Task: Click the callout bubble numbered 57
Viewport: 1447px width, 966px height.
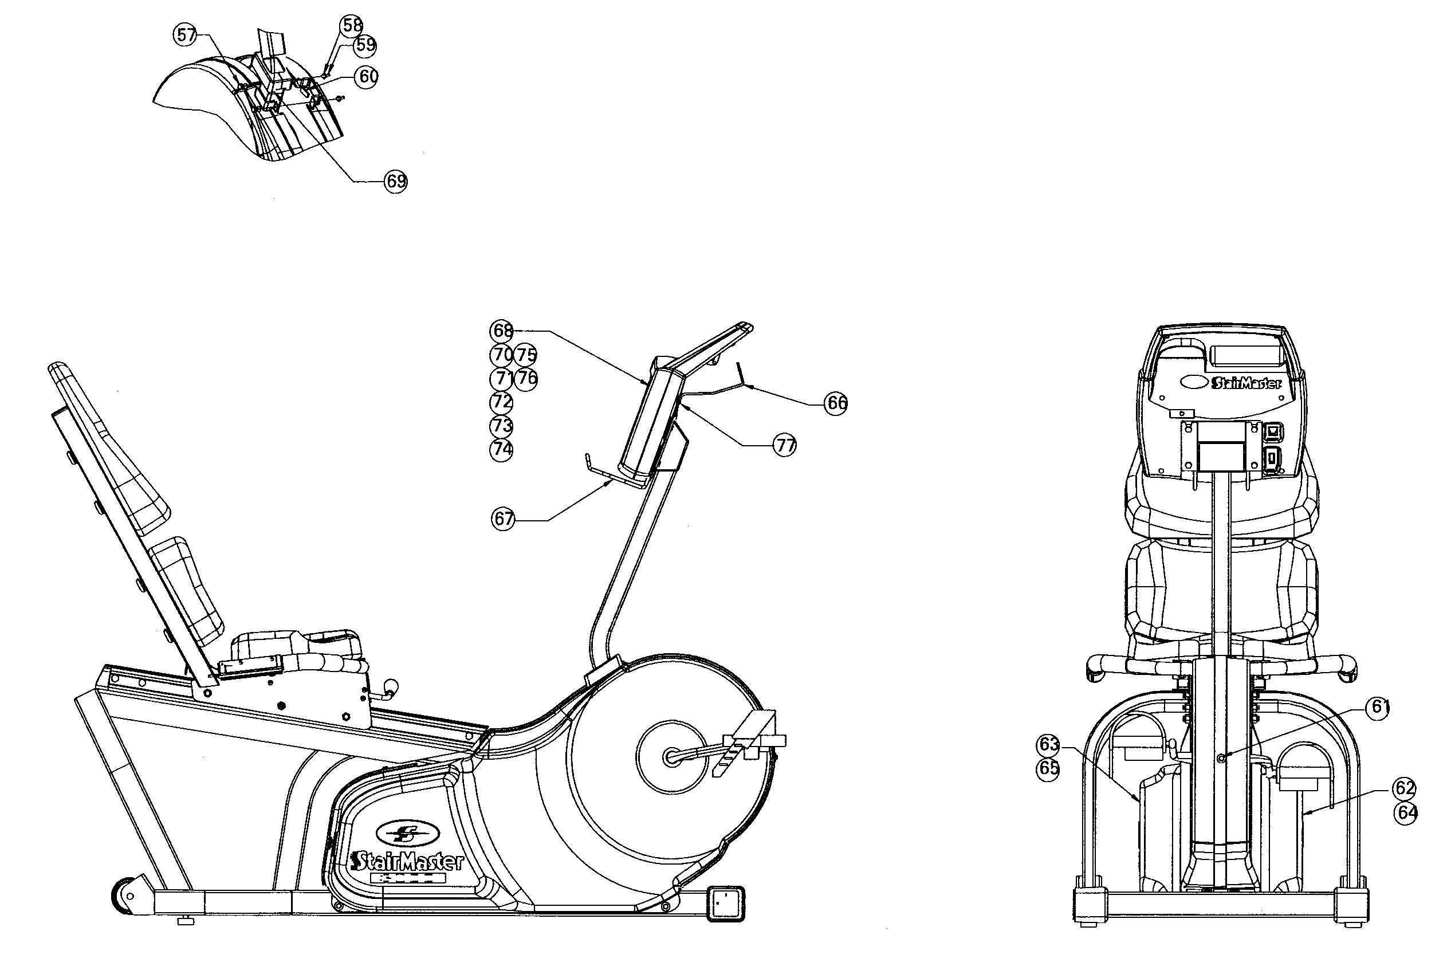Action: click(x=186, y=34)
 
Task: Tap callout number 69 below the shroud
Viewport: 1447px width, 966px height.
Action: click(x=395, y=181)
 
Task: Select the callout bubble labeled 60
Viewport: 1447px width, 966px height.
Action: click(x=367, y=77)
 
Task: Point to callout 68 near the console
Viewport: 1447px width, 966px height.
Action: click(x=501, y=331)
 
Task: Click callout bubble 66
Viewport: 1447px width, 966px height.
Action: click(x=836, y=403)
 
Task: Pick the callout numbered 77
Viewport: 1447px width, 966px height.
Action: click(x=785, y=445)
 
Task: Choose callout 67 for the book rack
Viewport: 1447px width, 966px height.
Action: click(x=504, y=519)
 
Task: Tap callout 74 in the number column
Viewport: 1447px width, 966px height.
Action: click(x=501, y=449)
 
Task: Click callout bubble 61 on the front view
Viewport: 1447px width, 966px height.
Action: click(x=1379, y=707)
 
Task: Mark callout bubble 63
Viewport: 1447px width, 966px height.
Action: click(x=1048, y=744)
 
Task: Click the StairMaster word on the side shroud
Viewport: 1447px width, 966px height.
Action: click(x=407, y=861)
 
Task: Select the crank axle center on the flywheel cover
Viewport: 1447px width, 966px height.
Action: click(x=671, y=757)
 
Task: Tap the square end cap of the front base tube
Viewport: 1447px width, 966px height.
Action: click(x=726, y=904)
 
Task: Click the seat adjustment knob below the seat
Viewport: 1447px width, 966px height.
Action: click(x=391, y=687)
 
